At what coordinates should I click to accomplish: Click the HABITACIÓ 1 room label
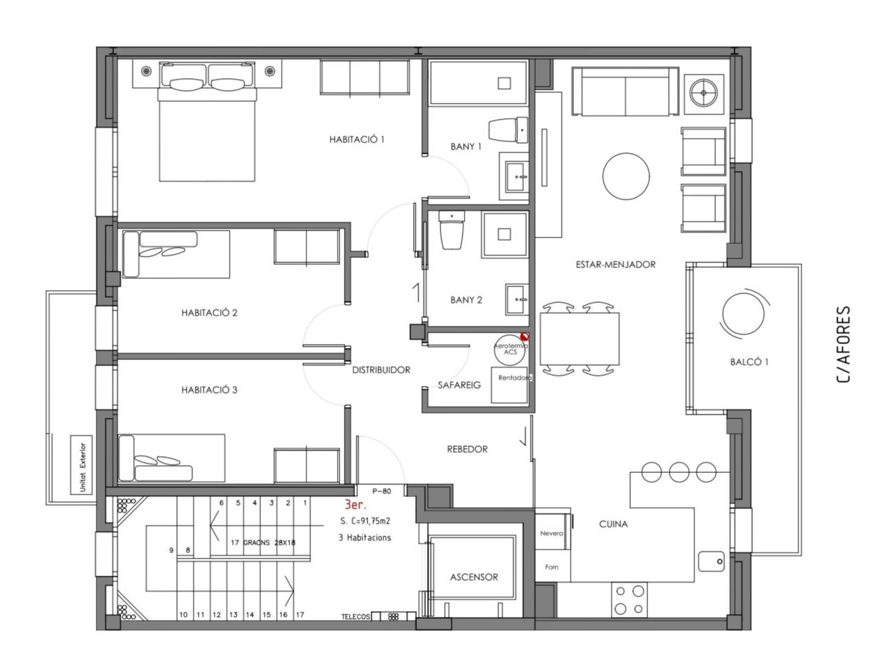click(356, 139)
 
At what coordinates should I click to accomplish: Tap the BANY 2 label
click(466, 300)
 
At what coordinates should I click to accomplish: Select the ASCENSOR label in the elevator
click(474, 577)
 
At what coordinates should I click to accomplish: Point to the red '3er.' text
click(355, 505)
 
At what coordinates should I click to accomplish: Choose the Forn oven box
click(553, 566)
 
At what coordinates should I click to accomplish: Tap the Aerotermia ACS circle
click(510, 349)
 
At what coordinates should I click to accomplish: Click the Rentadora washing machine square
click(510, 385)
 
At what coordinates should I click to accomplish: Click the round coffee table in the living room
click(626, 176)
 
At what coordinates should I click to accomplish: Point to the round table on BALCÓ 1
click(742, 314)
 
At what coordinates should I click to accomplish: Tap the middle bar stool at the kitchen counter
click(678, 472)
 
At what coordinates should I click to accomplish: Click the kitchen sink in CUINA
click(711, 562)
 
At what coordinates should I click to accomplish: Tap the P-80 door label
click(381, 491)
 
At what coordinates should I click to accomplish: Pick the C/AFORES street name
click(843, 345)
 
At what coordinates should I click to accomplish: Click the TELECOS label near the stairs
click(355, 616)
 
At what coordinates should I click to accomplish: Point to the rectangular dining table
click(579, 339)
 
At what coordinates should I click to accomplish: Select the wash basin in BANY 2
click(517, 299)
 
